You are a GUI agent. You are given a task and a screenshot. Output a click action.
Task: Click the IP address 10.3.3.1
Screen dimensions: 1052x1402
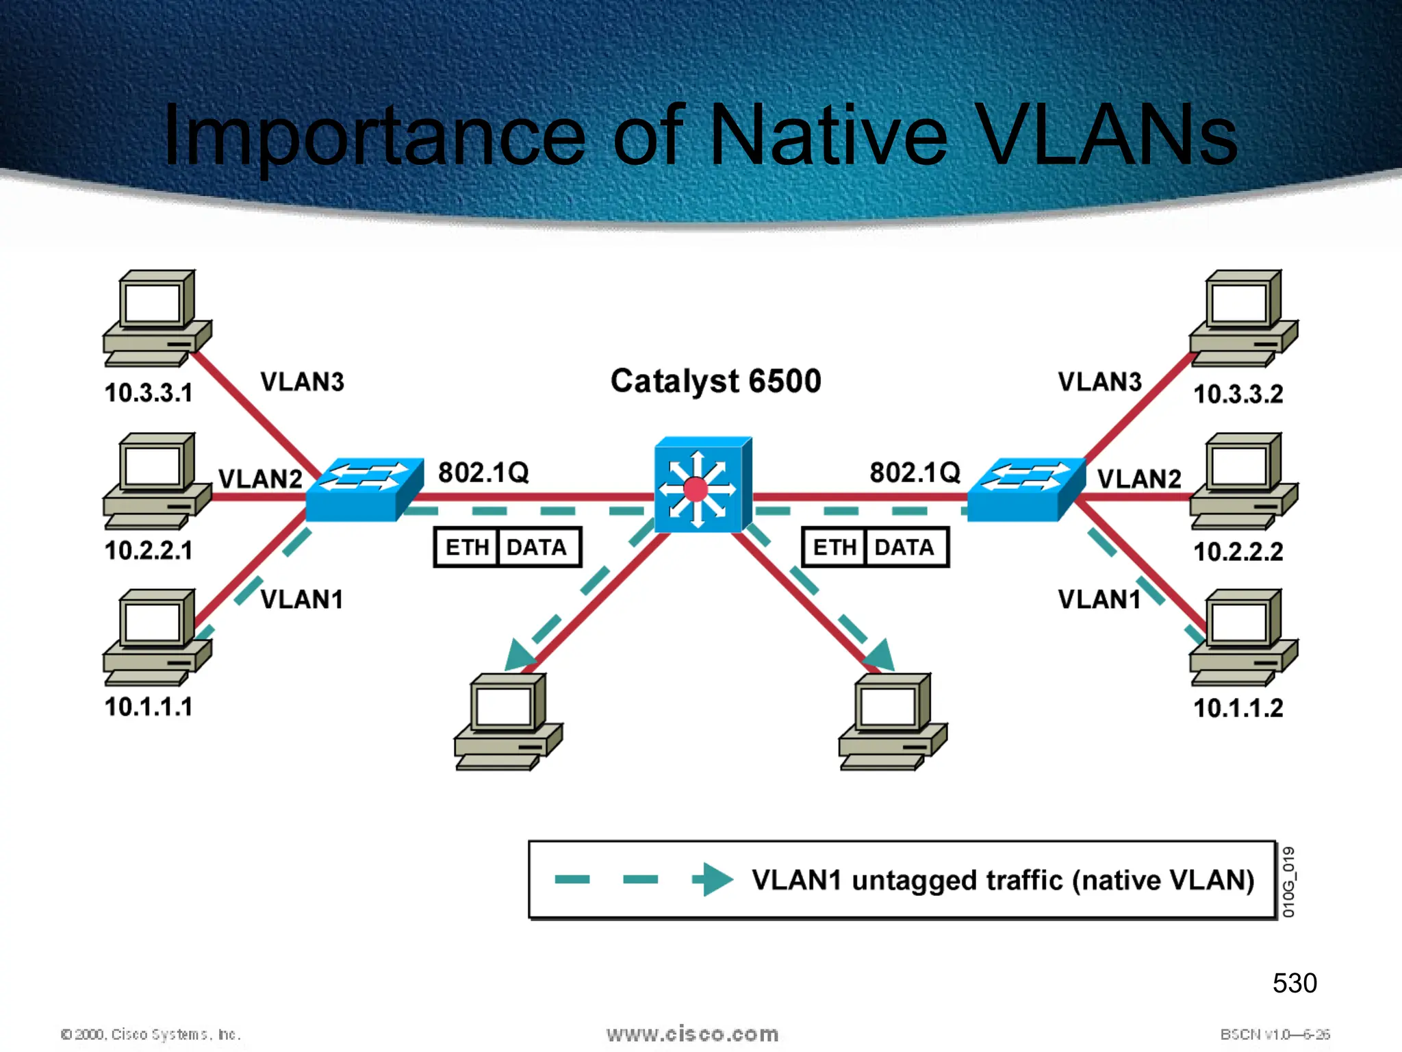tap(149, 393)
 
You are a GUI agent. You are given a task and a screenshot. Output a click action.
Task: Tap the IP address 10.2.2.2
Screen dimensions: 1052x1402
tap(1238, 551)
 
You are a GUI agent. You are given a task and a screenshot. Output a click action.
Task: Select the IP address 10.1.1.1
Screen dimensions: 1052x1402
tap(149, 707)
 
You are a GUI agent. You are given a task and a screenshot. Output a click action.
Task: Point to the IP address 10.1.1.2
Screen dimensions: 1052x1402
tap(1238, 708)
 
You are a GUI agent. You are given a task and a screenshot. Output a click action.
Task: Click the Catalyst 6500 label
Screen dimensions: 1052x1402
tap(715, 381)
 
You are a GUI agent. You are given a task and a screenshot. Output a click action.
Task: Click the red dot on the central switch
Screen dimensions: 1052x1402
tap(696, 490)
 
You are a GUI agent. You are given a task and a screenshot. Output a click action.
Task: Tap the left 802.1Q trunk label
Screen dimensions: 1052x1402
tap(483, 473)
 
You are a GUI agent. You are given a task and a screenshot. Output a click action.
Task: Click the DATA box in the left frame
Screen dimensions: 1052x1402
tap(537, 547)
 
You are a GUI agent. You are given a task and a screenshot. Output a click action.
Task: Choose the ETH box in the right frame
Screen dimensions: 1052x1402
tap(834, 547)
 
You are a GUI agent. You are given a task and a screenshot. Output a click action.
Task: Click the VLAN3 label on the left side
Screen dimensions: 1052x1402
tap(302, 382)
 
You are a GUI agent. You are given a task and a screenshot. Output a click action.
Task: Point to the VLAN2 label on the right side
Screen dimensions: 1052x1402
tap(1139, 479)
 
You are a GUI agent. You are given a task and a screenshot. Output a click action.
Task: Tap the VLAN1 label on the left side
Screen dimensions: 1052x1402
tap(302, 599)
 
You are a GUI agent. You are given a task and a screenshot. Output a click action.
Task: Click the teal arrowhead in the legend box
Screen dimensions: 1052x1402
tap(714, 879)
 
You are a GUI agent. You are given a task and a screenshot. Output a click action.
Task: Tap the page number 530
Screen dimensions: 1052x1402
tap(1294, 983)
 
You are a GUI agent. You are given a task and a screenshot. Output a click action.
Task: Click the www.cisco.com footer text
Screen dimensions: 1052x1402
tap(692, 1034)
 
